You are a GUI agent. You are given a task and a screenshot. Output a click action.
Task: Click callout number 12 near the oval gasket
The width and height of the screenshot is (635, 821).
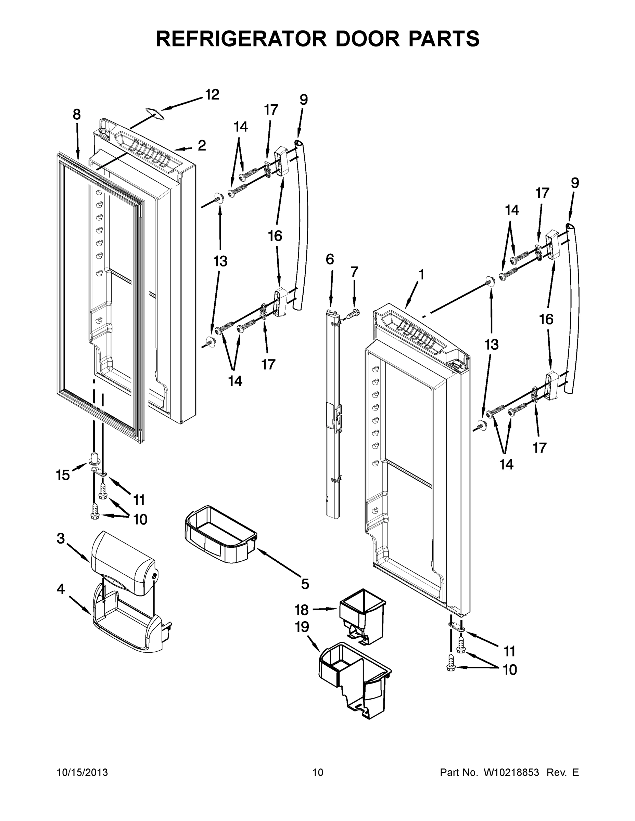(212, 95)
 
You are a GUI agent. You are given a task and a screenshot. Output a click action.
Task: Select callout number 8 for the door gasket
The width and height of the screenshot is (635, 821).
(77, 114)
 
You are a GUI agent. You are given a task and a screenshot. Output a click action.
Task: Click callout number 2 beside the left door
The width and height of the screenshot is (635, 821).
(202, 145)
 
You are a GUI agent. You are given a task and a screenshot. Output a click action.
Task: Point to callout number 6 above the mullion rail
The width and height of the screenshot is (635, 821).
(330, 259)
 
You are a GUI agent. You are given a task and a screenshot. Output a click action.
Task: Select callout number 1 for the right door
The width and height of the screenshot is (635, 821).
(421, 274)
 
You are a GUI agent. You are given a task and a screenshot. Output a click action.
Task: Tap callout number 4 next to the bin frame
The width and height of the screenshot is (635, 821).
(61, 589)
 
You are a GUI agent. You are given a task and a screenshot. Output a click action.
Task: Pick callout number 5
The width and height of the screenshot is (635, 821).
(305, 584)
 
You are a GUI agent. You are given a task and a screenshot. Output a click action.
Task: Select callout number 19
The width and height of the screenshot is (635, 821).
(302, 627)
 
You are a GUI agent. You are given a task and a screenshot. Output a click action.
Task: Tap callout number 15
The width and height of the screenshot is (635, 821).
(63, 475)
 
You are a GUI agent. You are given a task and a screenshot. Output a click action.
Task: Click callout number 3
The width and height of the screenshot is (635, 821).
(61, 538)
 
